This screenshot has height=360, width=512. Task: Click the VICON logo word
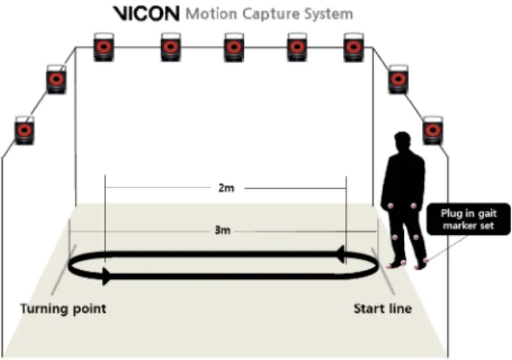[146, 13]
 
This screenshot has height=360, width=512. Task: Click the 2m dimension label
[226, 188]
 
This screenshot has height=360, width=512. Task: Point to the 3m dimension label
[222, 230]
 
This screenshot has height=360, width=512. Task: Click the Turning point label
[63, 308]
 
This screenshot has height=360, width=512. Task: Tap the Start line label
[383, 308]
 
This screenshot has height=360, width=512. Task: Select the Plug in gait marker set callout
[468, 219]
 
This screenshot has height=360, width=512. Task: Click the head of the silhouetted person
[402, 141]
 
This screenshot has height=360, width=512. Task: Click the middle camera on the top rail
[233, 47]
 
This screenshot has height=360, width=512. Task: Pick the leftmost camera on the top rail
[104, 47]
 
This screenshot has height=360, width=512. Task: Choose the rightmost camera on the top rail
[354, 47]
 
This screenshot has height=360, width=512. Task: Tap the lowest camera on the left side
[25, 130]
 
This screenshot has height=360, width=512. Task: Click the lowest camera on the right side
[433, 130]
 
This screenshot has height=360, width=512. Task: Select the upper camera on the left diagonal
[56, 79]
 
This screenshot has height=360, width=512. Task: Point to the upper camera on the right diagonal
[398, 79]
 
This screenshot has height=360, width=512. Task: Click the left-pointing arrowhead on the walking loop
[340, 254]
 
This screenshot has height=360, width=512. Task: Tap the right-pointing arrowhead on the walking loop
[107, 277]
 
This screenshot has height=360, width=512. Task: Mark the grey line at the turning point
[64, 269]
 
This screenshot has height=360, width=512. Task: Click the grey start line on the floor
[383, 271]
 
